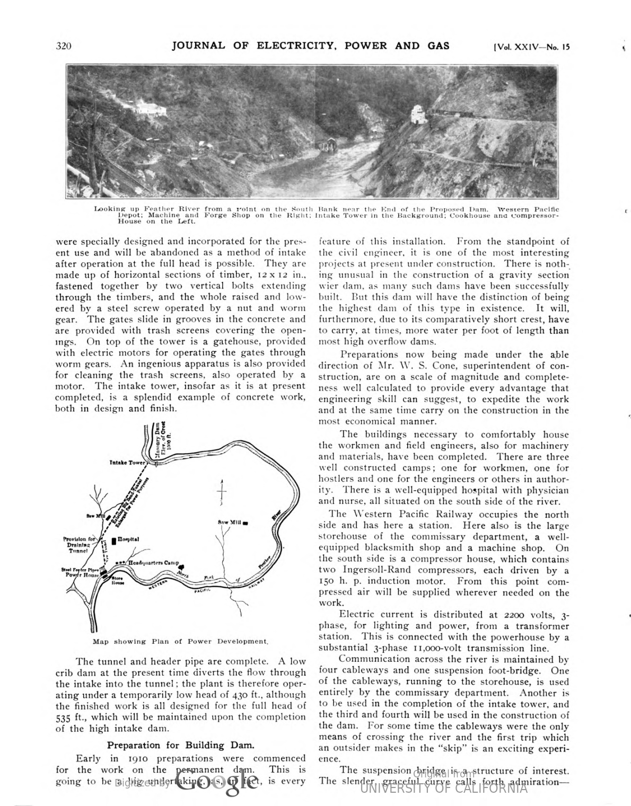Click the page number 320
(64, 46)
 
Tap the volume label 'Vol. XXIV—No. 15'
(531, 46)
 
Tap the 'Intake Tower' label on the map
(127, 462)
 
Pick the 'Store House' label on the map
(118, 581)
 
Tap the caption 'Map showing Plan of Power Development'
(180, 641)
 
